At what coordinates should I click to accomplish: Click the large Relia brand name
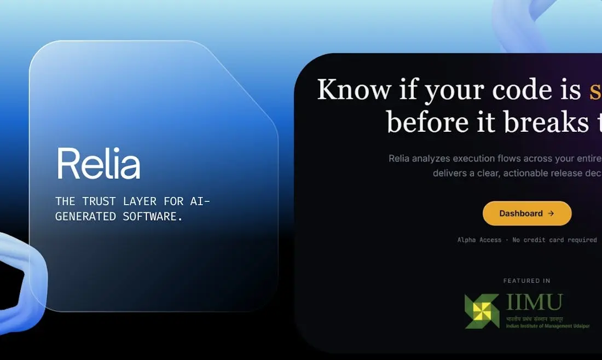[x=99, y=163]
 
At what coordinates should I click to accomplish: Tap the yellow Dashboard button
[x=526, y=213]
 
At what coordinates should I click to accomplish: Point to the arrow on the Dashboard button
[x=551, y=213]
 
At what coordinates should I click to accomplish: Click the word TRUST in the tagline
[x=103, y=201]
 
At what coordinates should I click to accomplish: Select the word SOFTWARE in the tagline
[x=153, y=216]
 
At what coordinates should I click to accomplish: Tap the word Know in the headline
[x=354, y=89]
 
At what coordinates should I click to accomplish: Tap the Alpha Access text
[x=479, y=240]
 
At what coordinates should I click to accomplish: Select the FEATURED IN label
[x=526, y=281]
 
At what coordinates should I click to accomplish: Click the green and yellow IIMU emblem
[x=482, y=311]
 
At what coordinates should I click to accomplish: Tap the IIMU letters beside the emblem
[x=534, y=302]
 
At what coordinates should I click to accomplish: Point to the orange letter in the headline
[x=595, y=90]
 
